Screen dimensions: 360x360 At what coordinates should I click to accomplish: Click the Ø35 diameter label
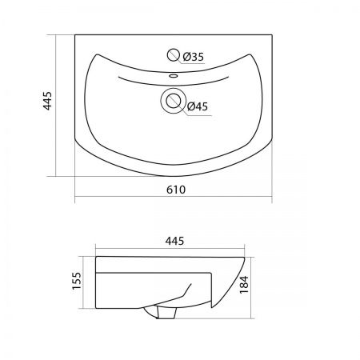[x=193, y=57]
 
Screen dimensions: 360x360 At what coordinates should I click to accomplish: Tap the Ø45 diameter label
[x=198, y=106]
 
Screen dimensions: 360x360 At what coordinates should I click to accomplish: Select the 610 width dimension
[x=176, y=190]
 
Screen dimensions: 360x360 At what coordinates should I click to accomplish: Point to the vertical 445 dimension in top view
[x=47, y=101]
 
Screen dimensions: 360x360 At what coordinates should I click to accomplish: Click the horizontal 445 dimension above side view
[x=174, y=241]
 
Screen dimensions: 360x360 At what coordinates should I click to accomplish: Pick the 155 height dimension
[x=76, y=280]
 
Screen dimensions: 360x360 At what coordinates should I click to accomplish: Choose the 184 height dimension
[x=244, y=285]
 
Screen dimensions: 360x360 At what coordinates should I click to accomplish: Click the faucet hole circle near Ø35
[x=173, y=55]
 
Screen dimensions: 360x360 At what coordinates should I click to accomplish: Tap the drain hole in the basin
[x=174, y=101]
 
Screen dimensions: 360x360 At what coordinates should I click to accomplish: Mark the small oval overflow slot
[x=174, y=76]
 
